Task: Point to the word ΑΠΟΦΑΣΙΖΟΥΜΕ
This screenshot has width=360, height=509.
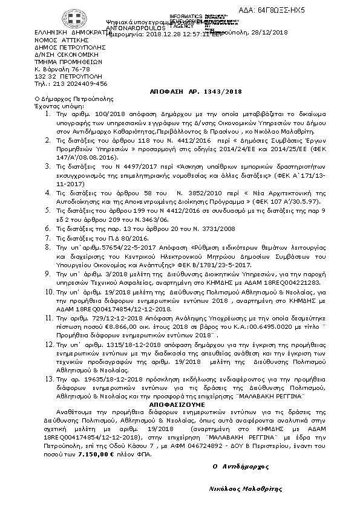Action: [180, 403]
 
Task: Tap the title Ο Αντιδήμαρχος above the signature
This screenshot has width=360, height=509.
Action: [240, 467]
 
